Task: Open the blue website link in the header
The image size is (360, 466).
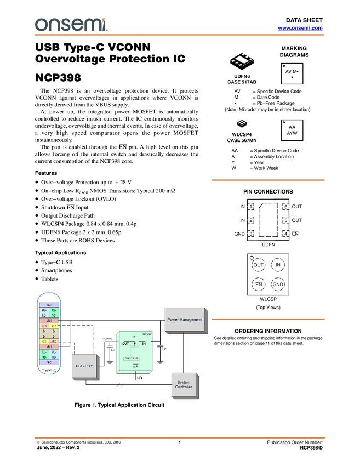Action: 300,27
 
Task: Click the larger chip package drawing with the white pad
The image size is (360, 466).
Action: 242,60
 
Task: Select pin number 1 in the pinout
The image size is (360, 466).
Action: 250,207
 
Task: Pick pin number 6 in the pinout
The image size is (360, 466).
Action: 285,207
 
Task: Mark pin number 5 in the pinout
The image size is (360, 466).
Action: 285,220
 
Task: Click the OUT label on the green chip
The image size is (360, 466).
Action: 125,344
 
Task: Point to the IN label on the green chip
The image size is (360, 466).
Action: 145,344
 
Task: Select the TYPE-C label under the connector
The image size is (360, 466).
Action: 50,371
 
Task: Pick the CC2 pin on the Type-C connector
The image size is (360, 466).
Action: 54,326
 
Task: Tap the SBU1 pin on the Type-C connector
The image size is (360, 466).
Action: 44,326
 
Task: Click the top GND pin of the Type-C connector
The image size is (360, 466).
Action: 49,304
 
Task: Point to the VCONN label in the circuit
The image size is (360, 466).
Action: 107,338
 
